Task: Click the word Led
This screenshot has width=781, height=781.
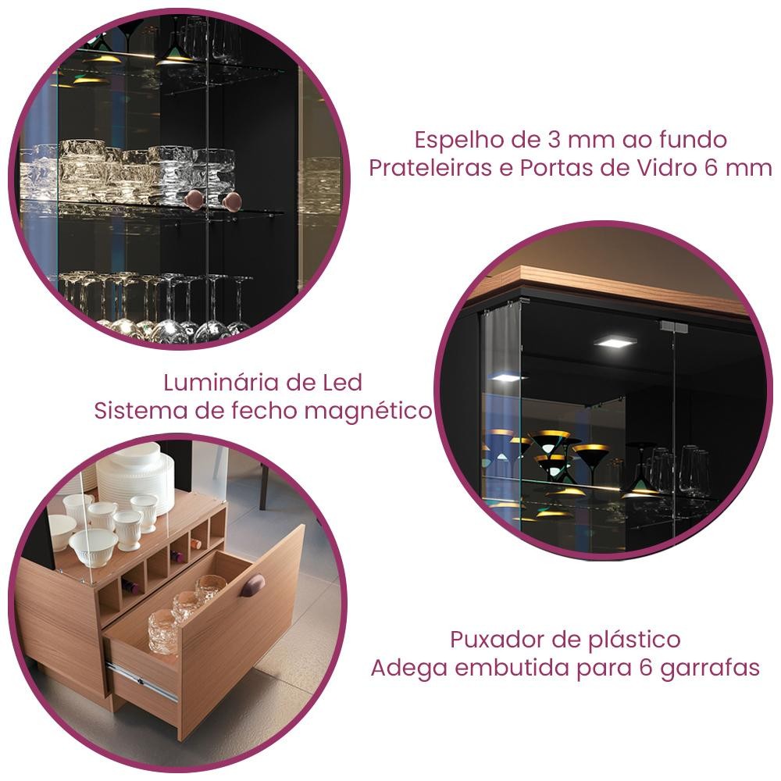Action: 344,383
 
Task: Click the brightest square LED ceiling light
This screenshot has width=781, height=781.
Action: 615,342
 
